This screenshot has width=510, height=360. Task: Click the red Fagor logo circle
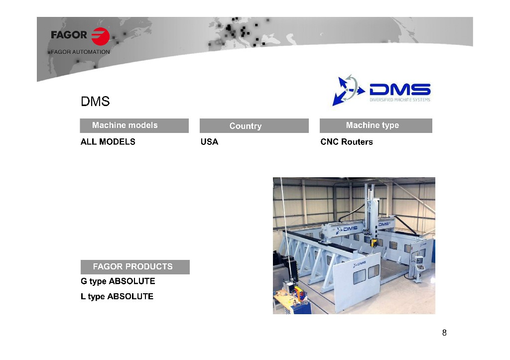(x=101, y=36)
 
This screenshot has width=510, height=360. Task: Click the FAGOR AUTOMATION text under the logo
(x=80, y=52)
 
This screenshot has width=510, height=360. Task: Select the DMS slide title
(x=95, y=102)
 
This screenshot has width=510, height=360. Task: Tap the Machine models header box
(x=134, y=125)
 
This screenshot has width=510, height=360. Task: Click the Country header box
(x=254, y=125)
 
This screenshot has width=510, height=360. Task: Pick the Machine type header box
(x=376, y=125)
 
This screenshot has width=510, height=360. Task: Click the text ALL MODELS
(x=108, y=142)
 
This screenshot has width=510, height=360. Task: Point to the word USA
(x=210, y=142)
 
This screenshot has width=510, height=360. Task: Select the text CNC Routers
(x=347, y=142)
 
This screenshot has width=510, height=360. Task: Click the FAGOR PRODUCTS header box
(x=135, y=267)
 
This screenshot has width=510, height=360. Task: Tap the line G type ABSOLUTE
(x=118, y=281)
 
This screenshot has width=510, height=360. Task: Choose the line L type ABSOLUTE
(x=117, y=297)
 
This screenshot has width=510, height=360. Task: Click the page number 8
(x=444, y=333)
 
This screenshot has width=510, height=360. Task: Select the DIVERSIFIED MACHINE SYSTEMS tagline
(x=400, y=100)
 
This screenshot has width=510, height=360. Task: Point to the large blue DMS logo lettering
(x=400, y=90)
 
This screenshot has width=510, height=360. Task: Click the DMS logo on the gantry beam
(x=347, y=229)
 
